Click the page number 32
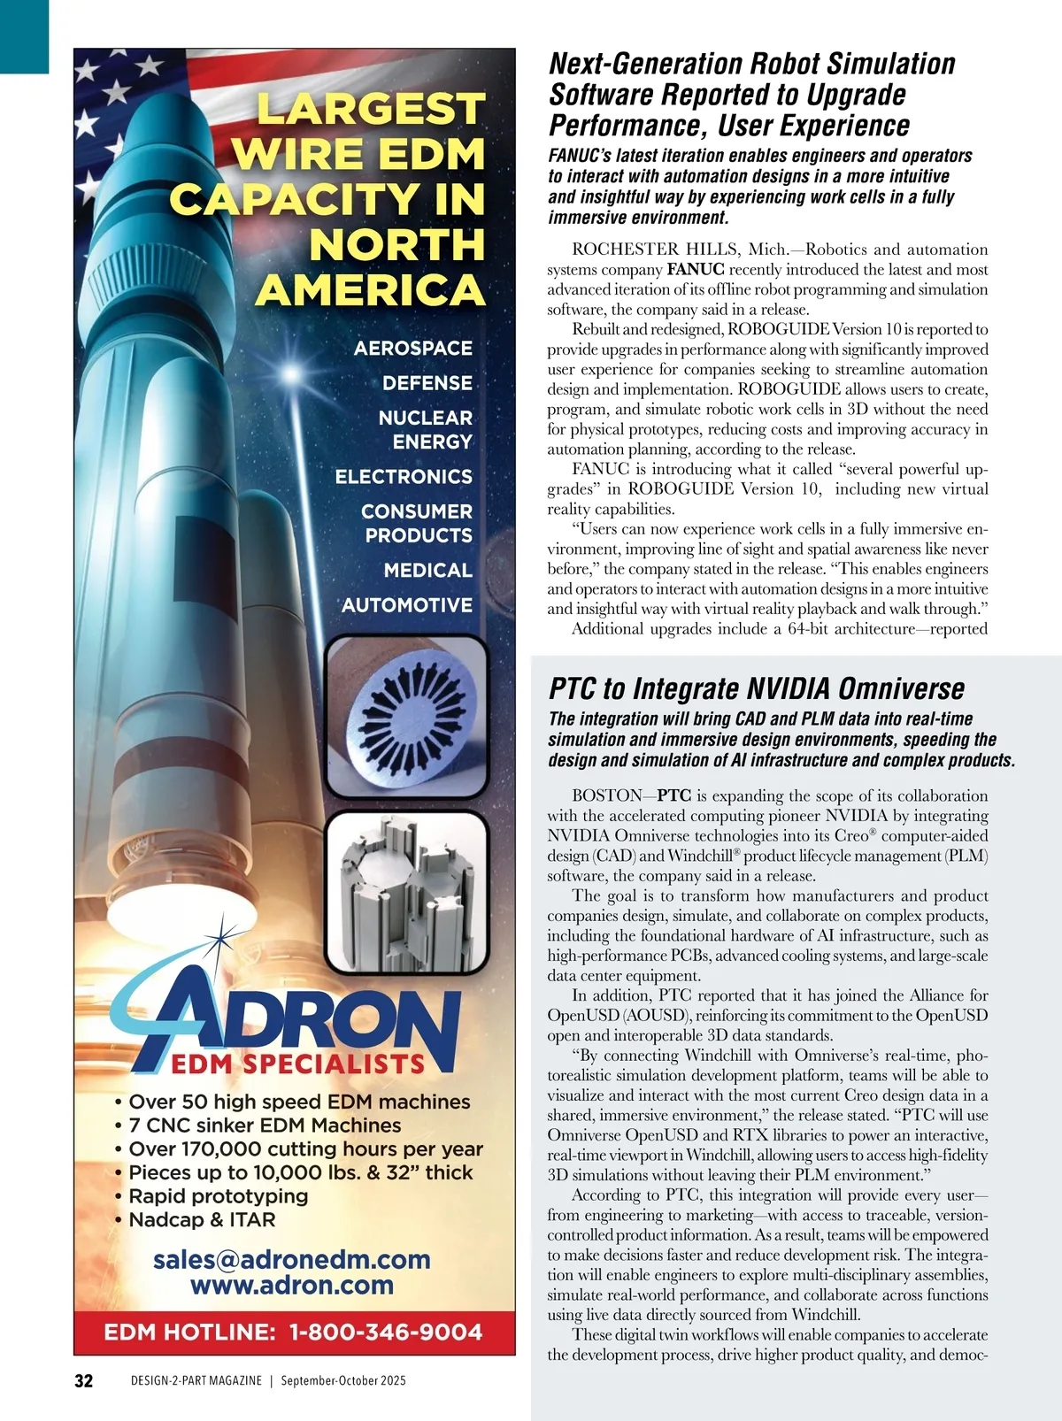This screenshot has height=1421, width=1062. pos(83,1380)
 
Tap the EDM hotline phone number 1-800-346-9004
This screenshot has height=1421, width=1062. pos(386,1332)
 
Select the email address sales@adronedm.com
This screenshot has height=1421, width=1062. pos(291,1259)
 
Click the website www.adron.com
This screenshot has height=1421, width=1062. pos(291,1285)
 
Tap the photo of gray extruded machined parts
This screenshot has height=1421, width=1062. pos(406,892)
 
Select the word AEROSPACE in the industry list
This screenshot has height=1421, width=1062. pos(412,348)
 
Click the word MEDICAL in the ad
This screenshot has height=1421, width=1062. pos(427,571)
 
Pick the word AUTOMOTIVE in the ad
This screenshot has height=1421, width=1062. pos(406,605)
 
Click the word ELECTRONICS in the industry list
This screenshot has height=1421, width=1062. pos(403,476)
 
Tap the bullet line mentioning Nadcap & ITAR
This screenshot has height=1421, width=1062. pos(202,1219)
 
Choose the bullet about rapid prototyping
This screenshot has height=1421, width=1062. pos(218,1195)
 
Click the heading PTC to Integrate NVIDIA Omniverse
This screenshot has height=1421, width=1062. pos(757,688)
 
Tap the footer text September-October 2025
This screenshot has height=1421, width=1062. pos(343,1380)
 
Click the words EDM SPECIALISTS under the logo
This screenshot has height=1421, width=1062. pos(297,1064)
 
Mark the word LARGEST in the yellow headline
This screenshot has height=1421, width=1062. pos(370,110)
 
